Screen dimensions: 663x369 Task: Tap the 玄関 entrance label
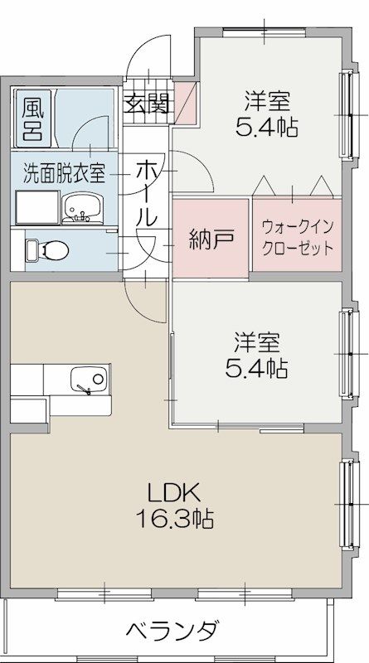tap(148, 103)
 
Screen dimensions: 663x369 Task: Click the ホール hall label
tap(147, 194)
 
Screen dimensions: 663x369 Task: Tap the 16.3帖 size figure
tap(175, 519)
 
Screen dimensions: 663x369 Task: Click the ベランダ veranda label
tap(173, 632)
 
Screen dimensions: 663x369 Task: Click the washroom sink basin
tap(82, 206)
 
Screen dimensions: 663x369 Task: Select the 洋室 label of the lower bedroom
tap(256, 340)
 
